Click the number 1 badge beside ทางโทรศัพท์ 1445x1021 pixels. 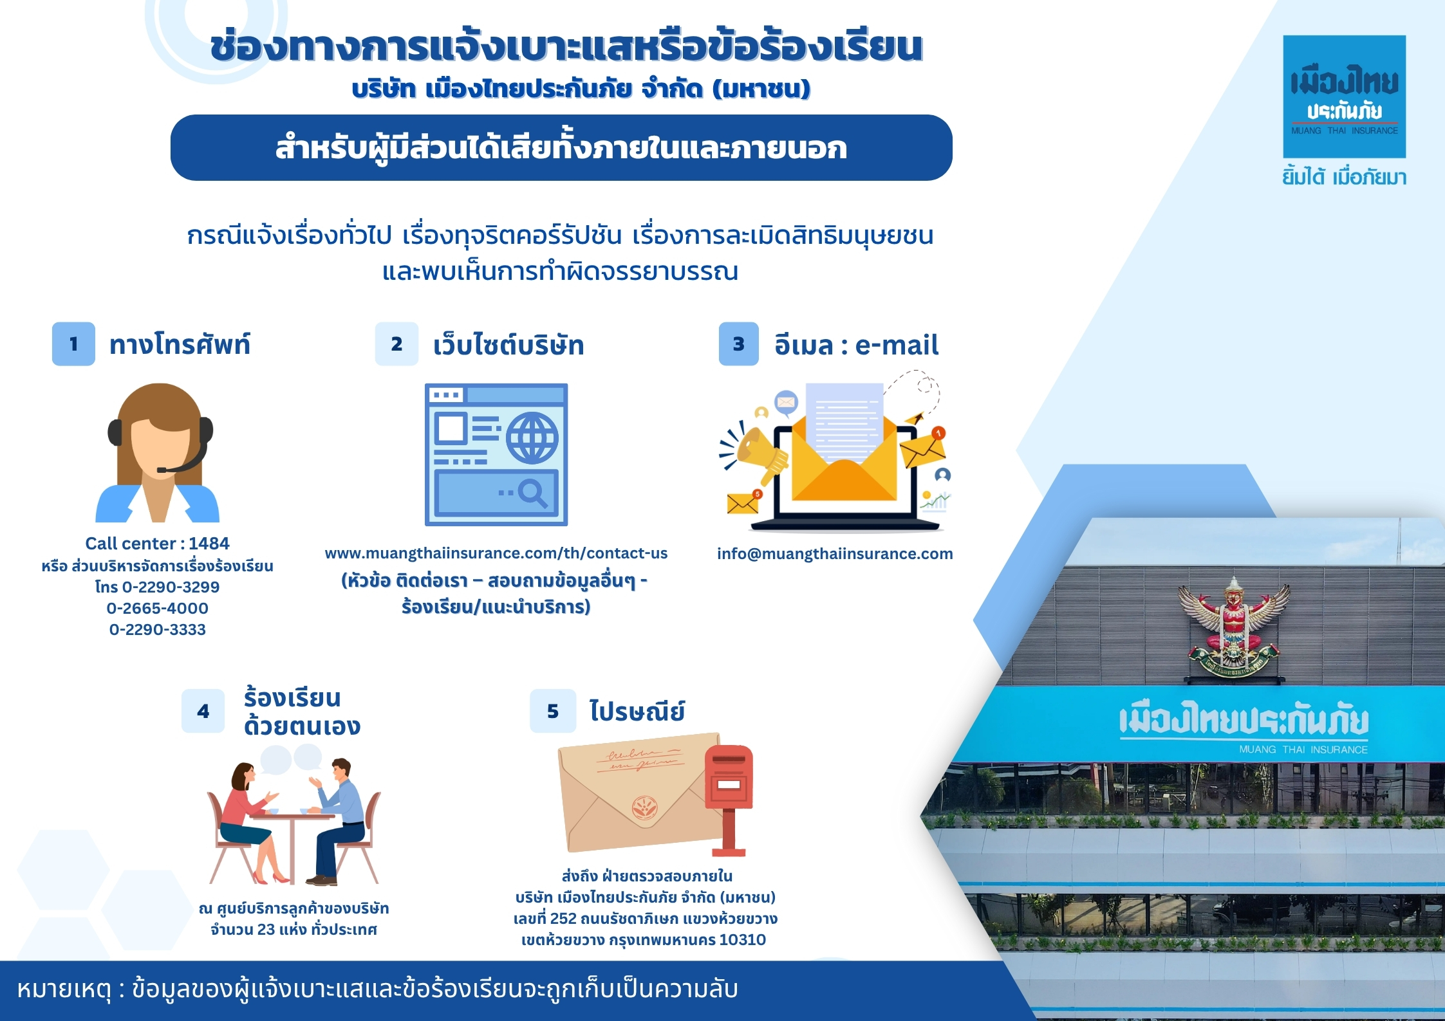pyautogui.click(x=73, y=344)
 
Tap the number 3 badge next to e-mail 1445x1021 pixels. pyautogui.click(x=739, y=344)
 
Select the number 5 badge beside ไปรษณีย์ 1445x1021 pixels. pyautogui.click(x=553, y=711)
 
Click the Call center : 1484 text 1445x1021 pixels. pyautogui.click(x=157, y=544)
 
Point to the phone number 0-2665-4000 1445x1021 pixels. pyautogui.click(x=158, y=608)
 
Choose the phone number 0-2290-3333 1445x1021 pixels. pyautogui.click(x=158, y=629)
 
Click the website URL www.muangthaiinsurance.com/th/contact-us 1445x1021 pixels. pyautogui.click(x=496, y=553)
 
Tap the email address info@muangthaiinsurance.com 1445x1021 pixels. pyautogui.click(x=835, y=554)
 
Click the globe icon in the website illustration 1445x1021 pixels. pyautogui.click(x=532, y=438)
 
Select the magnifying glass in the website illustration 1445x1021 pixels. pyautogui.click(x=533, y=493)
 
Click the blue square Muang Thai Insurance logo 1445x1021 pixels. pyautogui.click(x=1345, y=97)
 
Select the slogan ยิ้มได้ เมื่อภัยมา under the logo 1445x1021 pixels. pyautogui.click(x=1344, y=177)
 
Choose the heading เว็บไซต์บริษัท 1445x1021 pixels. pyautogui.click(x=508, y=345)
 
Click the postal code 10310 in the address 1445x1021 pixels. pyautogui.click(x=743, y=940)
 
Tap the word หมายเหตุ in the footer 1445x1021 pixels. pyautogui.click(x=64, y=989)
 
